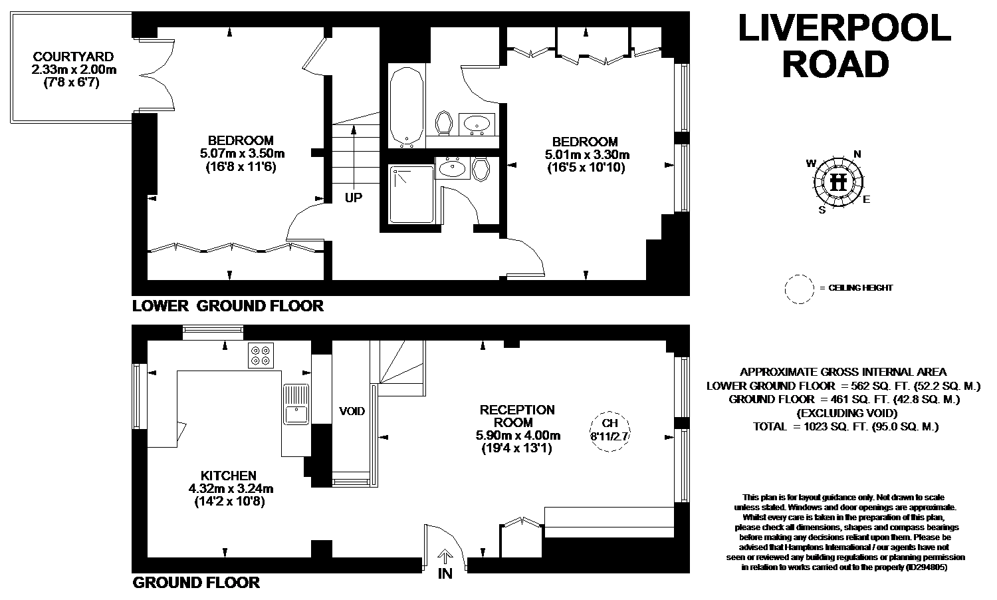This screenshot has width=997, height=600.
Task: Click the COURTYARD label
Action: coord(73,57)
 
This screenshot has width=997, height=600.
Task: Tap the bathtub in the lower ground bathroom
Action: coord(406,107)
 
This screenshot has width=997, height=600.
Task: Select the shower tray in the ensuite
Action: coord(411,194)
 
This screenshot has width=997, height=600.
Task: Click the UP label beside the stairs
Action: coord(354,198)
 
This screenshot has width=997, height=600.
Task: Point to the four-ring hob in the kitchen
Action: coord(261,355)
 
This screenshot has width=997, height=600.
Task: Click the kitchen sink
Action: coord(296,404)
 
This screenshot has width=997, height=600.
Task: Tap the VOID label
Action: coord(352,411)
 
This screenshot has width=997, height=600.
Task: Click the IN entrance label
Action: coord(445,573)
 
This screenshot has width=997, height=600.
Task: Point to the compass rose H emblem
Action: coord(839,182)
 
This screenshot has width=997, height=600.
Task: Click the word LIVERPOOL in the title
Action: coord(844,28)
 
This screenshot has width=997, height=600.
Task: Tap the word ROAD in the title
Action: coord(835,64)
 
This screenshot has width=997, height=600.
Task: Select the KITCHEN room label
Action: coord(229,476)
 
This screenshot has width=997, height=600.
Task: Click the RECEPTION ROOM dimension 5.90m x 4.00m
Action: coord(518,435)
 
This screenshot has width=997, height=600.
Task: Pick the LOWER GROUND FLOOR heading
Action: coord(228,306)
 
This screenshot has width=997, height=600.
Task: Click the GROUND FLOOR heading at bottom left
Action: coord(196,583)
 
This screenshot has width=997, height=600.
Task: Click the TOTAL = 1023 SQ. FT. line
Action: coord(845,427)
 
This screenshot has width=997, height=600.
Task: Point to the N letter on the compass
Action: coord(857,154)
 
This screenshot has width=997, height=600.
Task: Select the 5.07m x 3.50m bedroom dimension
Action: coord(242,154)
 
